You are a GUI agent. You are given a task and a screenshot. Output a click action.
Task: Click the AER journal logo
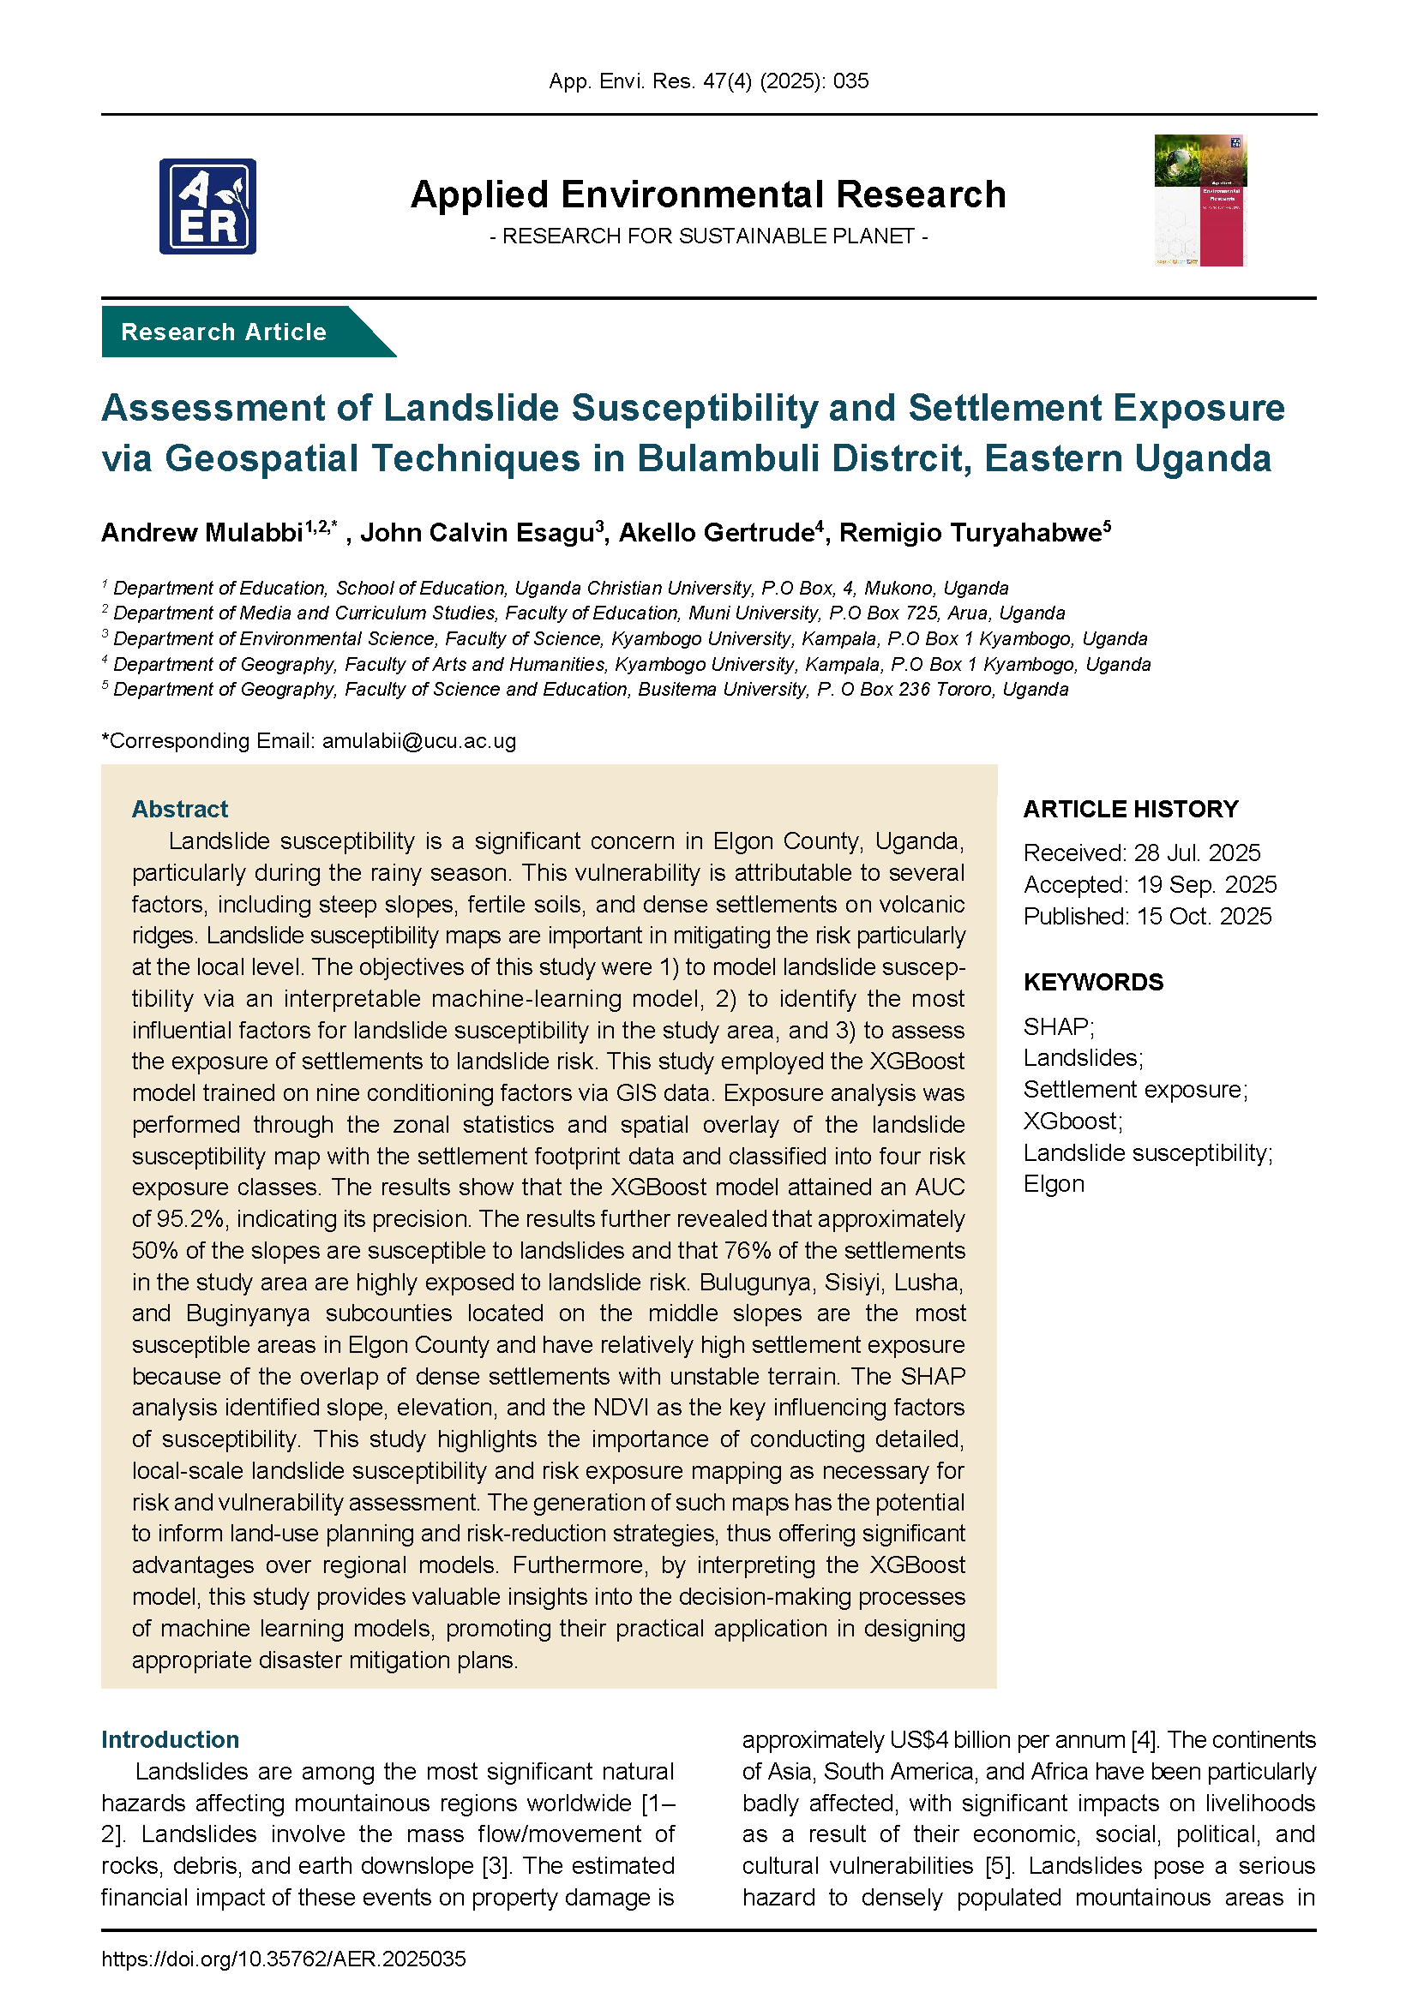click(x=207, y=206)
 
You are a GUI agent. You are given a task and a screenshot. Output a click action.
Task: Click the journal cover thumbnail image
click(x=1199, y=200)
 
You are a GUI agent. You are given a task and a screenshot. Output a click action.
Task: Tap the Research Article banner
click(x=225, y=332)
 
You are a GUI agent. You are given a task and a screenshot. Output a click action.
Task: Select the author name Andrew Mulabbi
click(x=201, y=532)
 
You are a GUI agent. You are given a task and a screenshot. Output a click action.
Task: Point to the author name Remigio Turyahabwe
click(x=970, y=532)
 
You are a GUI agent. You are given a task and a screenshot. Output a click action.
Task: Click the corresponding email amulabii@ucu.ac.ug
click(x=419, y=741)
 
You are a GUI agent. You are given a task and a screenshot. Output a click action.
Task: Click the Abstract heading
click(x=180, y=809)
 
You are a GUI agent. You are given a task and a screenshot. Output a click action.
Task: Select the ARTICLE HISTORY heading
click(x=1130, y=809)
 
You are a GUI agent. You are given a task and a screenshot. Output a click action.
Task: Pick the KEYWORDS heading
click(x=1092, y=982)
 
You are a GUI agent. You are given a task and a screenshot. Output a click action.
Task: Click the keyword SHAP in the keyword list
click(x=1055, y=1026)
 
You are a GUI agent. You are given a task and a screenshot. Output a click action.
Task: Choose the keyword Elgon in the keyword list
click(x=1054, y=1184)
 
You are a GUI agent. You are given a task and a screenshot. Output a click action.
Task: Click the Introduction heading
click(x=171, y=1739)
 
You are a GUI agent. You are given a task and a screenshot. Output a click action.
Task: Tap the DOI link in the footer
click(x=284, y=1959)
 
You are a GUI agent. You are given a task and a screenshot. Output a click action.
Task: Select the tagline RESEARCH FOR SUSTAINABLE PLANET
click(x=708, y=236)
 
